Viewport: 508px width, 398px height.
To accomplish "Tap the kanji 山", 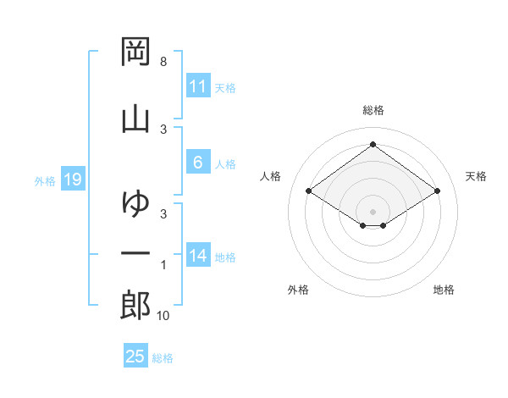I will (x=136, y=118).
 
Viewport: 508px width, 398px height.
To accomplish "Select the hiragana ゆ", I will (x=136, y=203).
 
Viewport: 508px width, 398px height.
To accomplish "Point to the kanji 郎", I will (x=136, y=306).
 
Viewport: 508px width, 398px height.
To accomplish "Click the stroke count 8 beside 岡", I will (x=163, y=62).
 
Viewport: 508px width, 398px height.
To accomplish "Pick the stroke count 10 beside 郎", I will (x=163, y=316).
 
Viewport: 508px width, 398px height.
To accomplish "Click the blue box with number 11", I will (x=198, y=86).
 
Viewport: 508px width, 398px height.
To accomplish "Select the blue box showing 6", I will (x=198, y=163).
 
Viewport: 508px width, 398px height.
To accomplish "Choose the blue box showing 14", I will (x=198, y=257).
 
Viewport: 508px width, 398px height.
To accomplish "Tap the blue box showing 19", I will (x=72, y=179).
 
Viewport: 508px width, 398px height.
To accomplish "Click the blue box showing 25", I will (x=135, y=357).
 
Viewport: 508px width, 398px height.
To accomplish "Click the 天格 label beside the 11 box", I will (x=225, y=87).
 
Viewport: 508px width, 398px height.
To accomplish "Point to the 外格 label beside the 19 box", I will (x=45, y=180).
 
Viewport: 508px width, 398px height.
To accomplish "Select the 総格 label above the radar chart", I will (x=373, y=110).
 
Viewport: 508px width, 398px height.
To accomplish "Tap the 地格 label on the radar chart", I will (x=444, y=290).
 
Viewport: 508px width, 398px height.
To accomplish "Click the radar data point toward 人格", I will (x=309, y=191).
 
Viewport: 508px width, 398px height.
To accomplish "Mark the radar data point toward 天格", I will (x=437, y=191).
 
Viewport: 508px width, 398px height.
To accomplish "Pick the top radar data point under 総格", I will (x=373, y=144).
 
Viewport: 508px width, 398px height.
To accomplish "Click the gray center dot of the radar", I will (x=373, y=211).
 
